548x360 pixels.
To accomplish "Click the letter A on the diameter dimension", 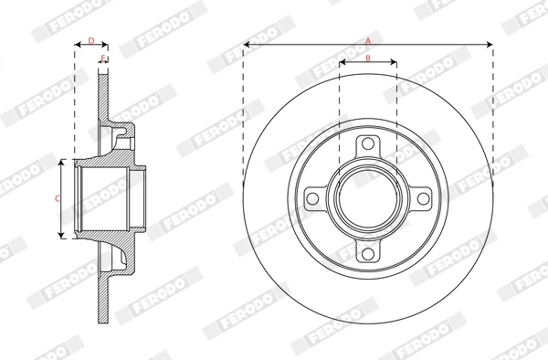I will [x=368, y=40].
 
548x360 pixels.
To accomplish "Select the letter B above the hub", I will [x=367, y=58].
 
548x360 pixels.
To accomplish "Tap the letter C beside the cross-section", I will [x=57, y=198].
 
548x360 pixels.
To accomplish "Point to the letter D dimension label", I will [x=90, y=40].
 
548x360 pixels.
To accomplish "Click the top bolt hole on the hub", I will [x=368, y=144].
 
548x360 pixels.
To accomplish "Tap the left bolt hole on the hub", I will [x=312, y=199].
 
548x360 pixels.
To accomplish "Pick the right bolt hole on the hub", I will [x=423, y=199].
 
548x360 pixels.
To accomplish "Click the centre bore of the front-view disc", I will [x=368, y=199].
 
